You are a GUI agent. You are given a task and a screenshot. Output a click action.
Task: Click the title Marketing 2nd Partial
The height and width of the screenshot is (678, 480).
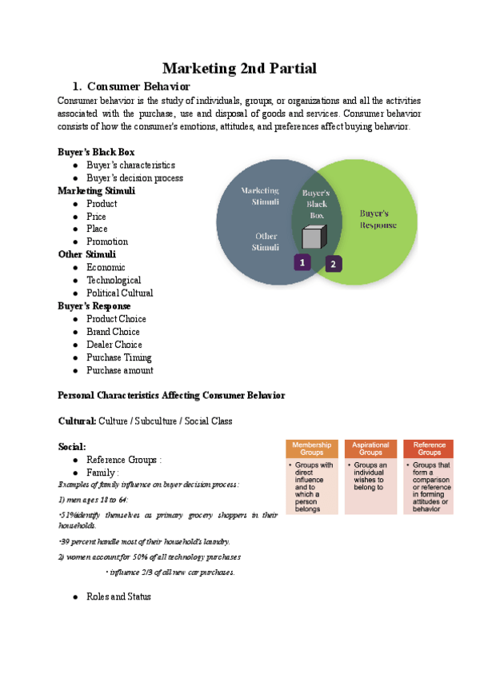coord(240,68)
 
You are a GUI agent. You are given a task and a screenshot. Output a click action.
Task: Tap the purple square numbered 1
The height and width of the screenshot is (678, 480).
coord(302,262)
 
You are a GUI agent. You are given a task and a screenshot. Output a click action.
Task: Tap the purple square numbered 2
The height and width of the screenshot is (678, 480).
coord(334,263)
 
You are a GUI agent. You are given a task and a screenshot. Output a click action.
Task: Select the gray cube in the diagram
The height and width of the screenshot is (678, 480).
coord(314,237)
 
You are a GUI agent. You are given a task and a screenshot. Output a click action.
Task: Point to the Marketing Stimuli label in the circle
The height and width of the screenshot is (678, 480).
coord(261,196)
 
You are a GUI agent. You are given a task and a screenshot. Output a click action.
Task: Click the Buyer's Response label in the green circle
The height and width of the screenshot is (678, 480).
coord(378,219)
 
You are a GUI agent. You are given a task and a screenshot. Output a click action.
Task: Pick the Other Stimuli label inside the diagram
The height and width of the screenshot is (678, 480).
coord(266,241)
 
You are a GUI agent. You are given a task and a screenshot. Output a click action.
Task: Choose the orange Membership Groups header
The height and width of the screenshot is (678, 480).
coord(311,449)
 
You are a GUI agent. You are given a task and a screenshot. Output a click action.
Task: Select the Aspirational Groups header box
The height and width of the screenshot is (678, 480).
coord(371,449)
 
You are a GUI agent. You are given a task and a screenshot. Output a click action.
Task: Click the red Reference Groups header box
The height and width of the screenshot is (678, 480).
coord(429,449)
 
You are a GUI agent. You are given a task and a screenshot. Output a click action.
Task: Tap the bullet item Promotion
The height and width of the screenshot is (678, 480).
coord(107,241)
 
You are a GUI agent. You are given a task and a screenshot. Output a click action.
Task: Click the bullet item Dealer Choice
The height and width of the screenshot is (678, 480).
coord(114,345)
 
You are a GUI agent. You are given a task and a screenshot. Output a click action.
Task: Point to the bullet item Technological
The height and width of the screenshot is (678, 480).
coord(114,280)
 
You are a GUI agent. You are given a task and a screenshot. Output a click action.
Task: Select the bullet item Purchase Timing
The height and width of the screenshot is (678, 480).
coord(118,357)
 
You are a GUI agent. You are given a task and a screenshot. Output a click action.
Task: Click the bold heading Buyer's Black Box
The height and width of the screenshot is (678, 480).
coord(96,152)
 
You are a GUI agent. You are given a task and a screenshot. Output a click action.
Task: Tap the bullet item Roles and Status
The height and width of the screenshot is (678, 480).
coord(118,596)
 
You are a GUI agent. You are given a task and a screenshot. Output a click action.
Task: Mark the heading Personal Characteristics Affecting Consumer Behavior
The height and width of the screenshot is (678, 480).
coord(171,395)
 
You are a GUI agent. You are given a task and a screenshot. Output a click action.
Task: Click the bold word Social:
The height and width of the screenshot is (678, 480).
coord(72,446)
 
